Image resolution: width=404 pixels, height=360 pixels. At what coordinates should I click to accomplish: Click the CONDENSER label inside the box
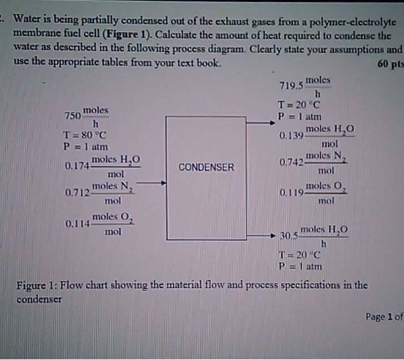pos(206,168)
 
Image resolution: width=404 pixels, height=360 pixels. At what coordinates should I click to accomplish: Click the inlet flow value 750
pos(73,116)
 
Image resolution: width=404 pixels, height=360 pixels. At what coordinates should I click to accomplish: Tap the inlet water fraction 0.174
pos(77,166)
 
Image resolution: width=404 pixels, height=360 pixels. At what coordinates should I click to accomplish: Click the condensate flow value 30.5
pos(288,235)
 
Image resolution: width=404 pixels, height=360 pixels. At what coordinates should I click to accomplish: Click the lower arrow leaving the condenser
pos(263,235)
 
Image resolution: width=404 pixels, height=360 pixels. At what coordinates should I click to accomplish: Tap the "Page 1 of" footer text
pos(383,316)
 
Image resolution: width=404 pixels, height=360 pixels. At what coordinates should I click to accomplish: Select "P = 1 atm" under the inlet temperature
pos(83,146)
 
